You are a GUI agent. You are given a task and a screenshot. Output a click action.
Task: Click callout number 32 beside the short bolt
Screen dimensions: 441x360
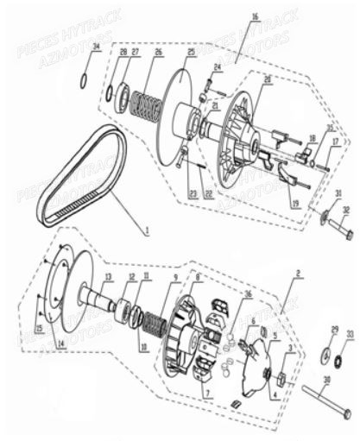click(x=347, y=210)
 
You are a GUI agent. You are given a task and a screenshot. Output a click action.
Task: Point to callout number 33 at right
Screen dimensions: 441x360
click(x=349, y=333)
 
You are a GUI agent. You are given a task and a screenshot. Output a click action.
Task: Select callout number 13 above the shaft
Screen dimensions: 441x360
click(x=109, y=277)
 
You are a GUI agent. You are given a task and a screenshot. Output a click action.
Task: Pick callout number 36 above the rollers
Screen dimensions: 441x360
click(x=248, y=294)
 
